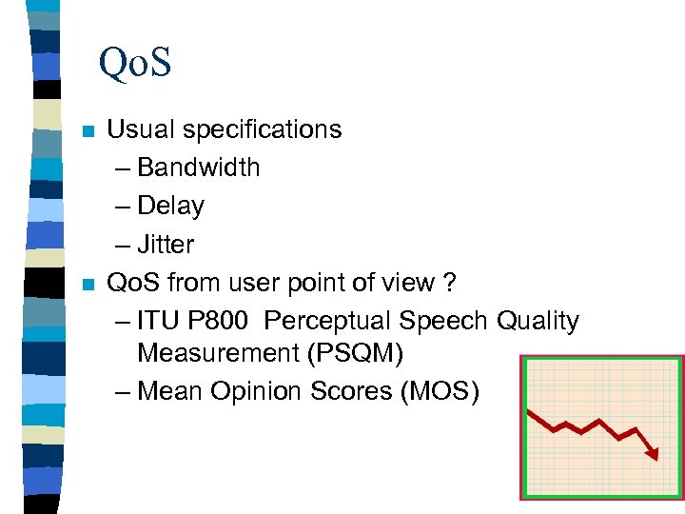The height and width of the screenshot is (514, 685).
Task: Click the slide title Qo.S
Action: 134,64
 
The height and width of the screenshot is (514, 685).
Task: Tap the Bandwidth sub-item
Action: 198,168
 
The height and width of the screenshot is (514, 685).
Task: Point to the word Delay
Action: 170,206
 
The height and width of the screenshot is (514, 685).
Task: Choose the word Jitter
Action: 166,245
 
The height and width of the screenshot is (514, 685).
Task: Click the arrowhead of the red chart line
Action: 652,454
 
